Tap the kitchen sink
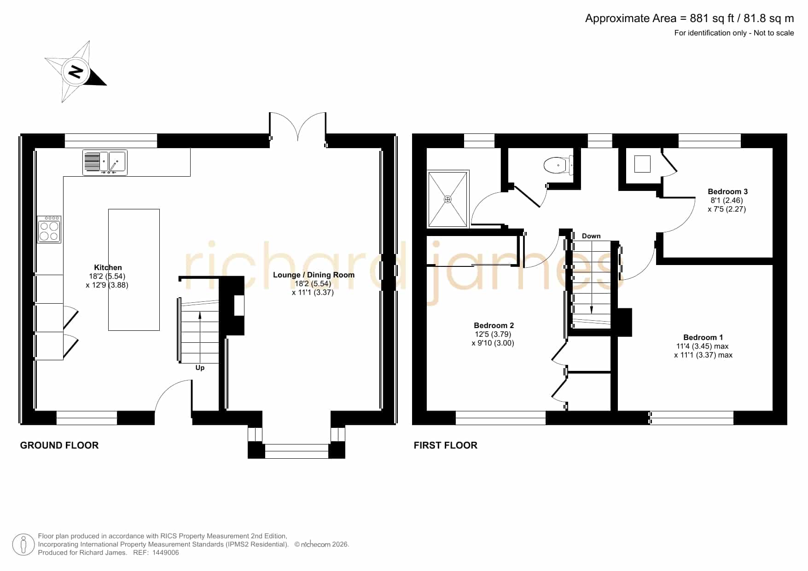105,162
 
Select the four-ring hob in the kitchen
49,230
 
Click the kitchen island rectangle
134,270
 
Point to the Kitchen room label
108,267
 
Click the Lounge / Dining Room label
314,275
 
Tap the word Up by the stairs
200,368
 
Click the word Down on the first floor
591,236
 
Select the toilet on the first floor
558,165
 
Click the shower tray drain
448,199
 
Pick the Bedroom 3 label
727,191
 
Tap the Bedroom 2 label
494,325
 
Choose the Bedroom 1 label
703,337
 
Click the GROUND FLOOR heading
59,445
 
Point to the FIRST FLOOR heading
446,445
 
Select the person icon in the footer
23,545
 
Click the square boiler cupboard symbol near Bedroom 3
642,164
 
